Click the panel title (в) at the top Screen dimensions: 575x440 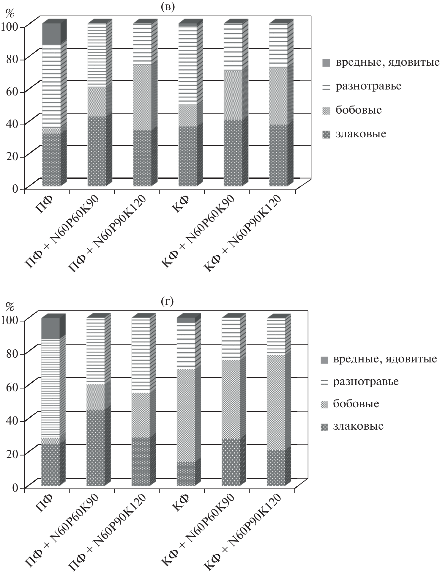167,7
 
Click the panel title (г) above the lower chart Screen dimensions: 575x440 167,301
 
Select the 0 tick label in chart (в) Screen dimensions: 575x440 15,189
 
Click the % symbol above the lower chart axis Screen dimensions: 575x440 10,306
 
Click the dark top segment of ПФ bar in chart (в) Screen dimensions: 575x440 52,33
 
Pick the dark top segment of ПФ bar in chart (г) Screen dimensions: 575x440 51,328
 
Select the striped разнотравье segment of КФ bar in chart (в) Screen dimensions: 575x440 187,65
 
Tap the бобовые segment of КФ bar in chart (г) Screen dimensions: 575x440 186,415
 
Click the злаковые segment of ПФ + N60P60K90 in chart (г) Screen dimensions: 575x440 96,448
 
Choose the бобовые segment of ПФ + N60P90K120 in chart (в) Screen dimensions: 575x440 142,97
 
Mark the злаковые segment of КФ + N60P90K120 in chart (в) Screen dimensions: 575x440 278,155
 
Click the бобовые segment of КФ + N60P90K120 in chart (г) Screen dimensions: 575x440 276,402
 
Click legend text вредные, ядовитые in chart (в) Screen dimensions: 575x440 387,62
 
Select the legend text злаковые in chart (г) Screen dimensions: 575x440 358,426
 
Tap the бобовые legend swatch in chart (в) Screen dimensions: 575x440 326,111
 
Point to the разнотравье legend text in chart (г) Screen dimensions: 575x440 365,381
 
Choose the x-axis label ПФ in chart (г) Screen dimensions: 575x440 44,502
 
